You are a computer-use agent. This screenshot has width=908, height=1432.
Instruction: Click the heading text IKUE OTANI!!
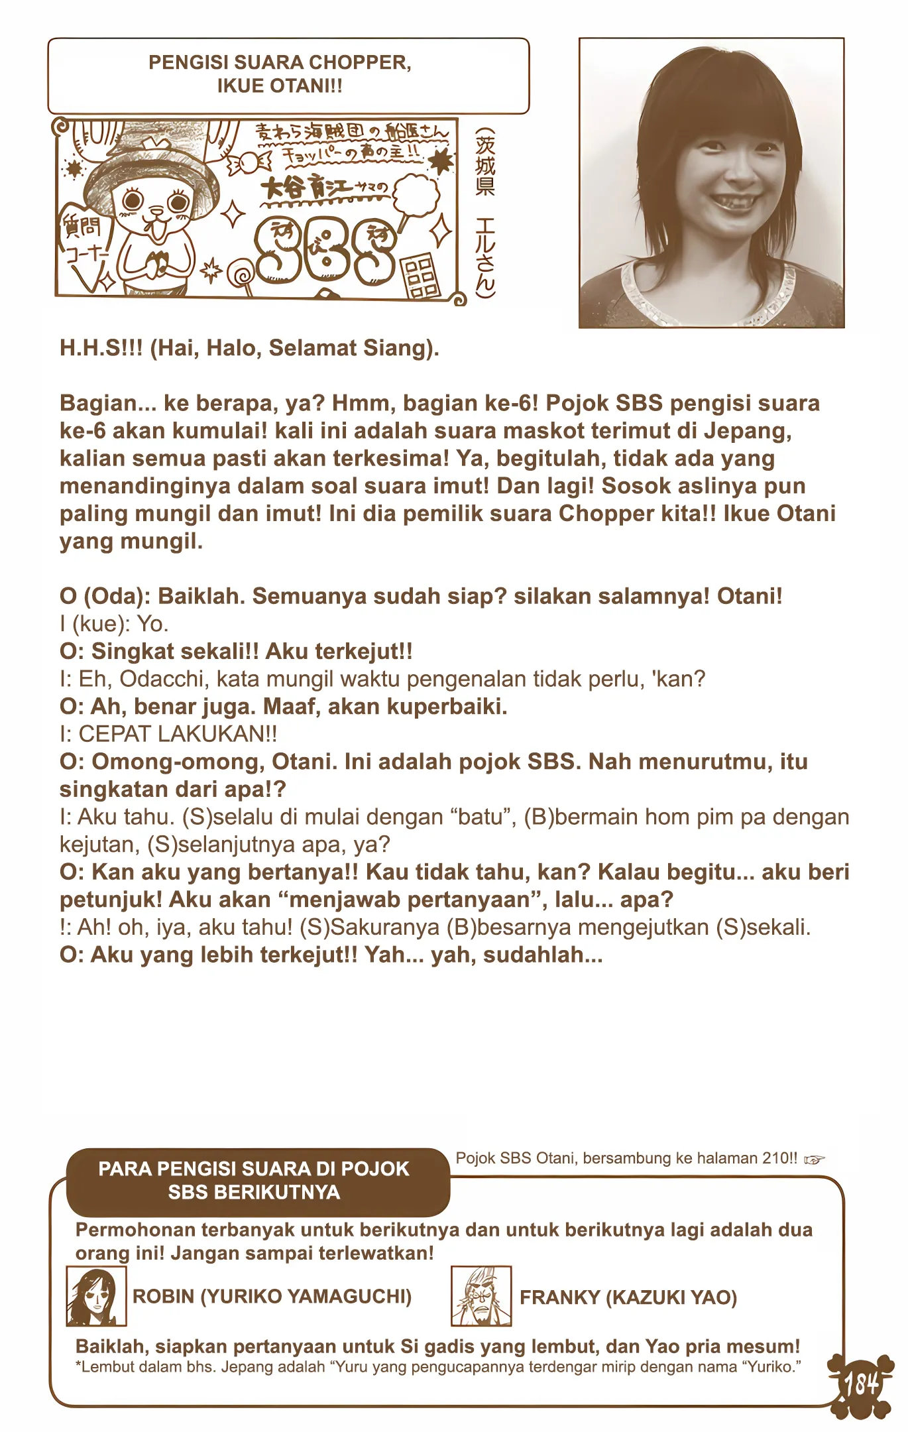click(x=279, y=86)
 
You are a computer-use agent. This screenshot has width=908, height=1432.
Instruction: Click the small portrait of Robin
click(x=96, y=1297)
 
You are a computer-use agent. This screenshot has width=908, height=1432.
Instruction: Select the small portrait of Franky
click(x=481, y=1296)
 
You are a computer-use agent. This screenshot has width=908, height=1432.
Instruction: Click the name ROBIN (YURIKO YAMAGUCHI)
click(x=272, y=1297)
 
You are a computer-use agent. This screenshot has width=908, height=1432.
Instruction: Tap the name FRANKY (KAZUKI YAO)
click(x=628, y=1297)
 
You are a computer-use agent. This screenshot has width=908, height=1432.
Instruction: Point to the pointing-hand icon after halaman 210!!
click(x=815, y=1160)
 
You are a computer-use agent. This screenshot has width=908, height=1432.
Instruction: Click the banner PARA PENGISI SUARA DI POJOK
click(x=254, y=1169)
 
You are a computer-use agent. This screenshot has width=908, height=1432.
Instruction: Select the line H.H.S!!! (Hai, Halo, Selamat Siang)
click(x=249, y=348)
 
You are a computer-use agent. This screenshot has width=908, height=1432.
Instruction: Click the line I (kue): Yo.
click(x=114, y=624)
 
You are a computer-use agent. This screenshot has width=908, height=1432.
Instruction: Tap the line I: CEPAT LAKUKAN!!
click(x=168, y=734)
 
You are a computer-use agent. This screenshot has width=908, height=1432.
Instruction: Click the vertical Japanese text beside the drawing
click(x=485, y=212)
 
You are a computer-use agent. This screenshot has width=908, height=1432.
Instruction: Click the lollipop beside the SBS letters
click(x=240, y=274)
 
